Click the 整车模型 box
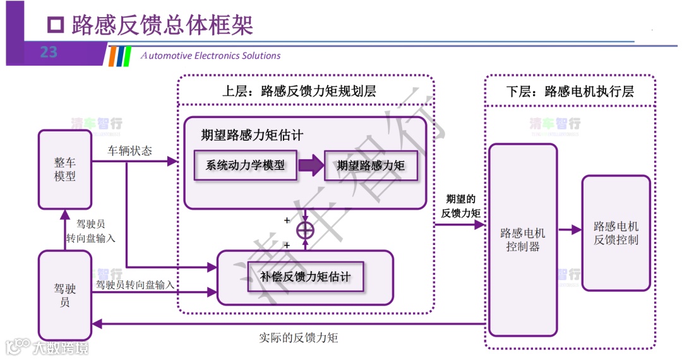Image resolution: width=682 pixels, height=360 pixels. [65, 169]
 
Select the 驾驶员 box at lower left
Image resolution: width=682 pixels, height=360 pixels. [65, 295]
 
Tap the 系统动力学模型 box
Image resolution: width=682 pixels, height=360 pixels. [245, 165]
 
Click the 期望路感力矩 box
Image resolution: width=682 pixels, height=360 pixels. [371, 165]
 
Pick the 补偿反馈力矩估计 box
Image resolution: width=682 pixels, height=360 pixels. [305, 277]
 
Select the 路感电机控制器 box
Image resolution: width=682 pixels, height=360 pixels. [523, 239]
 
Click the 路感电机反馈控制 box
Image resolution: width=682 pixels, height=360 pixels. [616, 232]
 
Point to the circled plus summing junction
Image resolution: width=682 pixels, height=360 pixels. [305, 231]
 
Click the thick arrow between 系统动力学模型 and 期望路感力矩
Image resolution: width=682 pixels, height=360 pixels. [310, 166]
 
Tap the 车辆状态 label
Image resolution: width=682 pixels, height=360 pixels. [129, 152]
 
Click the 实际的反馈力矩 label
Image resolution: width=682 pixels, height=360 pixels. [299, 337]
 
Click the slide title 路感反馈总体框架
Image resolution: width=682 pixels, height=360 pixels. [162, 25]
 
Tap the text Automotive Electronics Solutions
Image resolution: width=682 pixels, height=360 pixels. [210, 56]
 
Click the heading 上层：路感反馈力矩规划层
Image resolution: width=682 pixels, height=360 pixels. [299, 91]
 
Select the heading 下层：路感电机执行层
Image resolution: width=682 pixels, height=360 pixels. [570, 91]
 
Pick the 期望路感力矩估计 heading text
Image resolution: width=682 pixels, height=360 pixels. [252, 135]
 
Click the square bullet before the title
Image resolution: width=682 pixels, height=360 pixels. [57, 25]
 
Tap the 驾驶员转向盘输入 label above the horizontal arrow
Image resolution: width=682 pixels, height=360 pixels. [135, 285]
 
